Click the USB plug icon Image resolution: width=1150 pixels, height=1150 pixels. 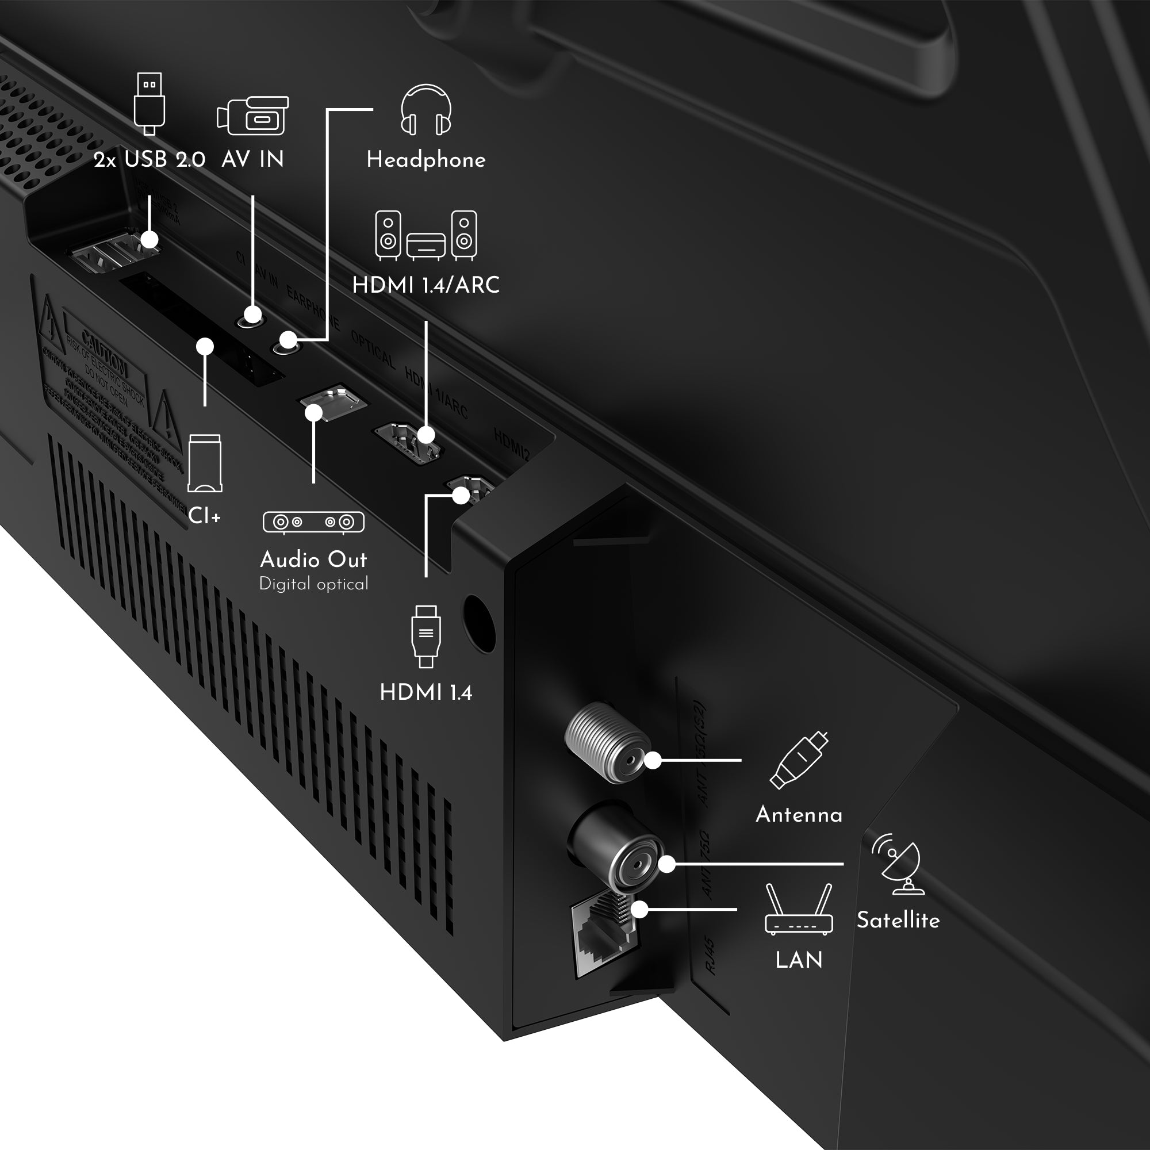tap(149, 103)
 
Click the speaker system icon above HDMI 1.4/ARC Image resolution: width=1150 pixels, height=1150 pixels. tap(425, 236)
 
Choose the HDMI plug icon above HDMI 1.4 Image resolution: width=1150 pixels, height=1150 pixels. tap(425, 637)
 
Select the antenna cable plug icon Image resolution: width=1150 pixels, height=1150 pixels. tap(799, 760)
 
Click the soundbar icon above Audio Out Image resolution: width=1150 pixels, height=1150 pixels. tap(313, 522)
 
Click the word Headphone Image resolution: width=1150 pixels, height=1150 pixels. tap(425, 160)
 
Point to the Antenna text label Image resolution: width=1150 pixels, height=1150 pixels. tap(799, 815)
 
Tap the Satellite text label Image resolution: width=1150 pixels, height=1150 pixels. tap(898, 920)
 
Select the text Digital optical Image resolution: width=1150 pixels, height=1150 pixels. tap(314, 584)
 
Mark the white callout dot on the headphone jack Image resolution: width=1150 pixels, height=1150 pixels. tap(288, 340)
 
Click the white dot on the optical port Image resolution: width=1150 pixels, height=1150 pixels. tap(314, 412)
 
